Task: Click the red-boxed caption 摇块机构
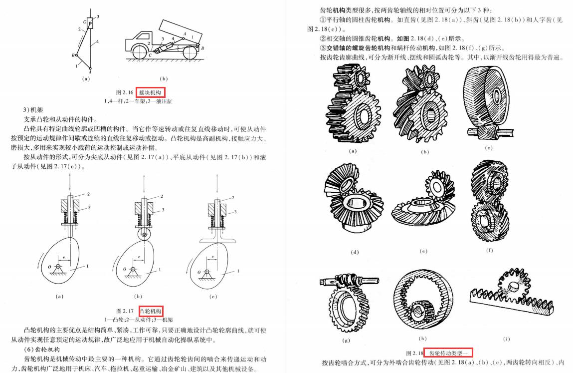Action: click(x=150, y=93)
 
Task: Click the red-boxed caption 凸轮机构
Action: click(x=151, y=311)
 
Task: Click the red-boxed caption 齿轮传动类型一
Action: click(x=448, y=353)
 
